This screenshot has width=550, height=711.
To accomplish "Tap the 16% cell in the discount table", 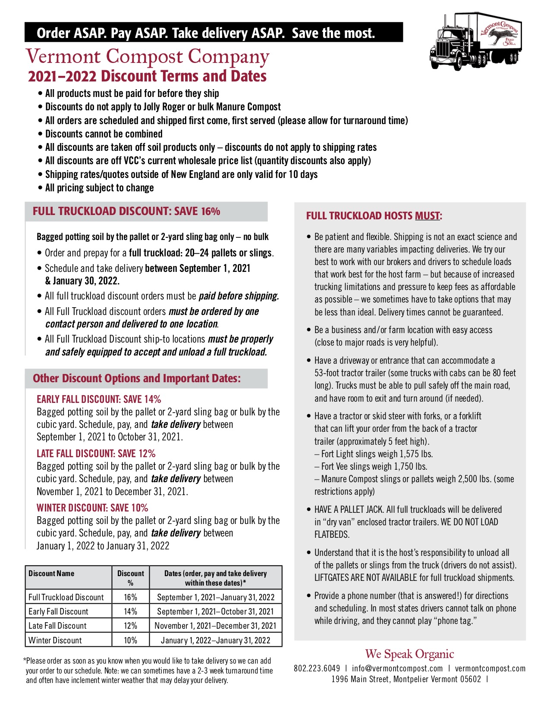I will [130, 597].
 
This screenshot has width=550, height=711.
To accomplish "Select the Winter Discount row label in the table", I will [55, 640].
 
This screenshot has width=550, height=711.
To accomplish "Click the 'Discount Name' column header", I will [51, 574].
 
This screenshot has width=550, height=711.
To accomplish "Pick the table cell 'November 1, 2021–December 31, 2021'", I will [215, 626].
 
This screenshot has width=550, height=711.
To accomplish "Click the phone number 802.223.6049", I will [317, 668].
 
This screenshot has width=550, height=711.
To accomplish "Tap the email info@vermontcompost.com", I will [397, 668].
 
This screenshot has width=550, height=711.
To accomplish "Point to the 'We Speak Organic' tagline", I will [409, 654].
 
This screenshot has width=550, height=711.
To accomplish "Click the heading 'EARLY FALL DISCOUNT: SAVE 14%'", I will [99, 399].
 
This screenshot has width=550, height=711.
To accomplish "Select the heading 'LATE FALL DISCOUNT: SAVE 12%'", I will [96, 453].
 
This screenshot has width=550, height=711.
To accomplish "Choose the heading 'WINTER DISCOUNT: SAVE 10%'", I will [92, 508].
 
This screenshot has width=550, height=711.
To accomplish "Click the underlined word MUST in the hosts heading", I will [427, 216].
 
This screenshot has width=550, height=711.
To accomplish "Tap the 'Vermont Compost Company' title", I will [148, 56].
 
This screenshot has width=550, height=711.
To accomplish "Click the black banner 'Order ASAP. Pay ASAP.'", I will [206, 33].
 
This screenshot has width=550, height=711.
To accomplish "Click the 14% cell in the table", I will [130, 611].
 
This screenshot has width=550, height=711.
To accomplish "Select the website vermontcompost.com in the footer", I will [490, 668].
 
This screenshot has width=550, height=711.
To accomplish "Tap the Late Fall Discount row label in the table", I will [57, 626].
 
